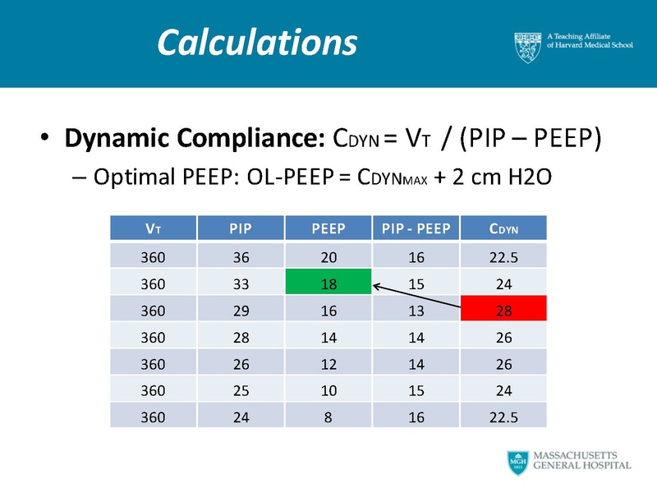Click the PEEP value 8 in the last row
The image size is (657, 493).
pos(328,417)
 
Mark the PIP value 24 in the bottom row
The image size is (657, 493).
pos(240,417)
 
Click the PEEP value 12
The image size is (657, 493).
pos(328,363)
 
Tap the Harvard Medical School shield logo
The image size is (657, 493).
pos(527,46)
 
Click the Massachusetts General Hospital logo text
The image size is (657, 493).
pos(582,460)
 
